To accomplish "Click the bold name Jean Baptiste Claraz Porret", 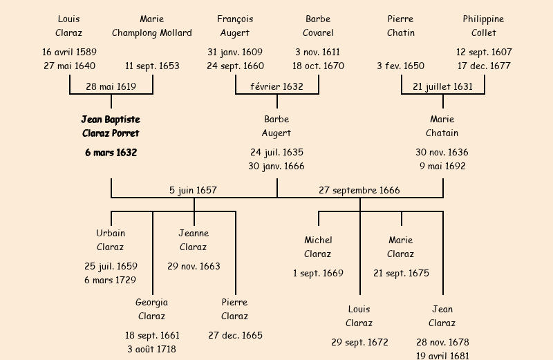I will point(111,126).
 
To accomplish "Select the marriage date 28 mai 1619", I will point(111,87).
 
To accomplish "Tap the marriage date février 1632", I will point(276,87).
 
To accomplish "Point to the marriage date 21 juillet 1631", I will point(442,87).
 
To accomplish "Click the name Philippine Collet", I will point(483,26).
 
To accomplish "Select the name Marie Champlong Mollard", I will point(152,26).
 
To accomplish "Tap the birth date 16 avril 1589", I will point(69,53).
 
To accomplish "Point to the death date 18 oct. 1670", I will point(318,66).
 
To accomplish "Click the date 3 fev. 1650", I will point(400,66).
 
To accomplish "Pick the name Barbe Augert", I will point(276,126).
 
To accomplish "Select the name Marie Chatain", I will point(442,126).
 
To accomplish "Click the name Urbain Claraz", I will point(111,240).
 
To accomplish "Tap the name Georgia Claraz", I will point(151,310).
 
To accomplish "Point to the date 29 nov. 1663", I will point(194,267).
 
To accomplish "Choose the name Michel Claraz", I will point(318,247).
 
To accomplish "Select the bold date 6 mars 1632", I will point(111,153).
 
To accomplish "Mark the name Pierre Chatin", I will point(401,26).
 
